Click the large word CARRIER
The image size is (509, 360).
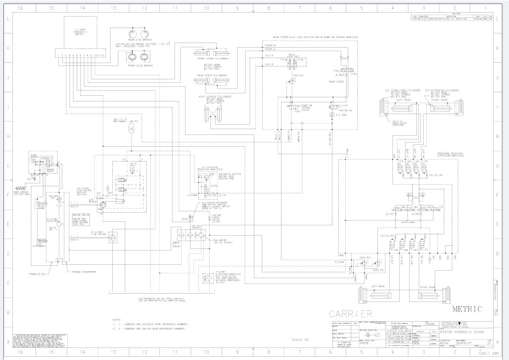coord(351,314)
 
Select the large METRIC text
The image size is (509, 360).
coord(467,309)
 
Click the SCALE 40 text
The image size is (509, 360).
coord(300,340)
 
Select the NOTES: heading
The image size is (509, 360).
coord(117,319)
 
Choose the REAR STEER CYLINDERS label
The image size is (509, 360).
coord(213,76)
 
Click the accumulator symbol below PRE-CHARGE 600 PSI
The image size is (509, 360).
coord(132,129)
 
